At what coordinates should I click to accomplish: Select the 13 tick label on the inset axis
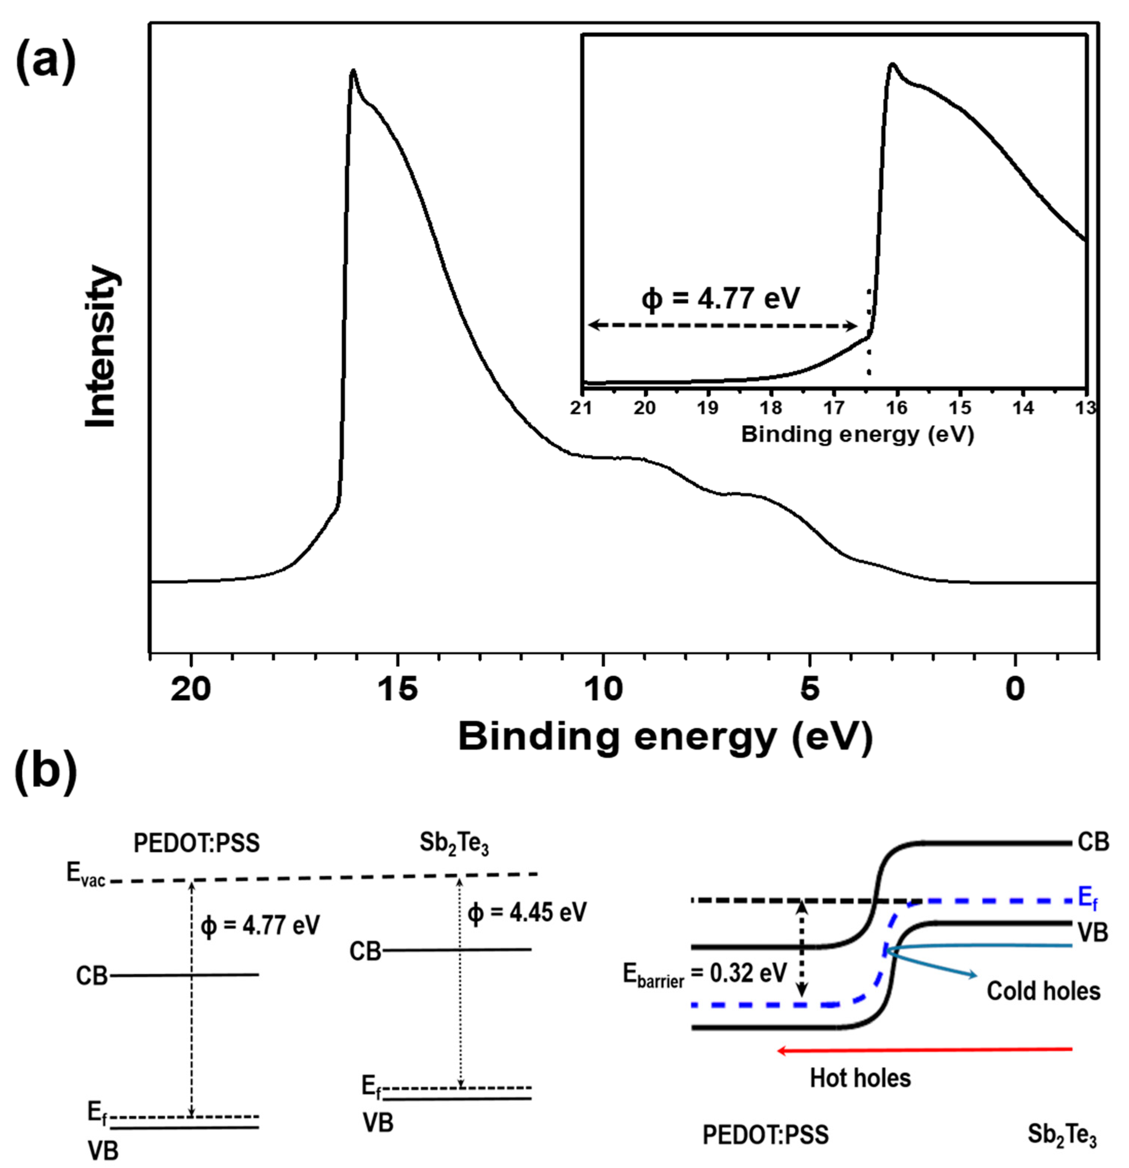pos(1086,408)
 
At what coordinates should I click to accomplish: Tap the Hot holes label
pos(860,1077)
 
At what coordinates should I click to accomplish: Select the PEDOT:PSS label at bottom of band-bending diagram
pos(765,1135)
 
